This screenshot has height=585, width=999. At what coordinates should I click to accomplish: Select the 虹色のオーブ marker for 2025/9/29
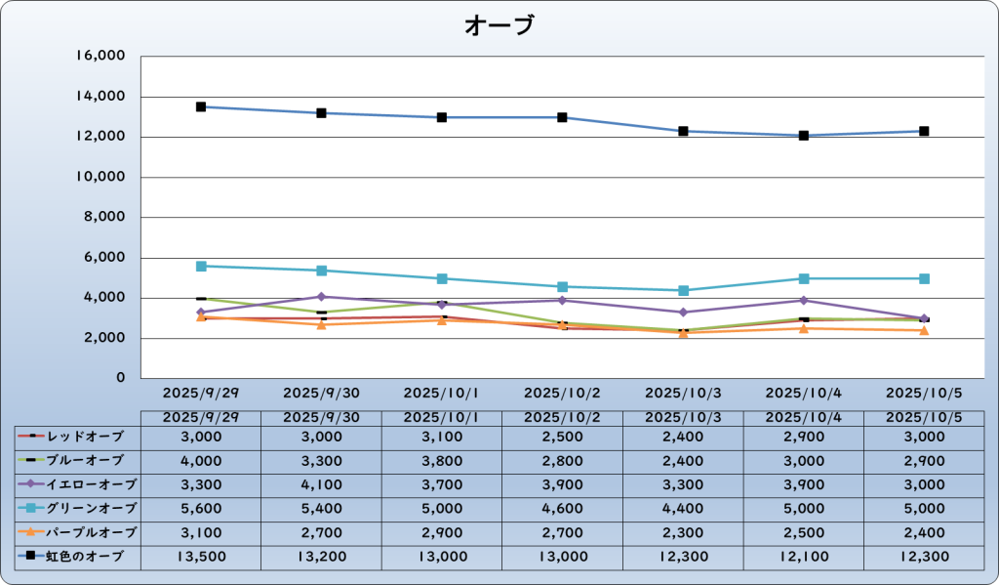[201, 106]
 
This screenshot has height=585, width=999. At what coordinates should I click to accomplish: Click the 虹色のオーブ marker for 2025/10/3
[683, 131]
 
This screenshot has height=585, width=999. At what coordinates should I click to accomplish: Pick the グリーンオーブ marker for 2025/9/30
[321, 271]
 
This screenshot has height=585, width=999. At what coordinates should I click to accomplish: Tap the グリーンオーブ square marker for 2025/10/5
[924, 278]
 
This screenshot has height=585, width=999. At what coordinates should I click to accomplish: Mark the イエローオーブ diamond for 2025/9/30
[321, 296]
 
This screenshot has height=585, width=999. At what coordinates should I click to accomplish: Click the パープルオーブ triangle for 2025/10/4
[804, 328]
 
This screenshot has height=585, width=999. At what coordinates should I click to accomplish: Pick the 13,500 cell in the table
[201, 557]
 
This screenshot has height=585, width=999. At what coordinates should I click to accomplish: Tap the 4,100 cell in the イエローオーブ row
[321, 483]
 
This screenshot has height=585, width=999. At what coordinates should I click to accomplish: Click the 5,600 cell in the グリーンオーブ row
[201, 508]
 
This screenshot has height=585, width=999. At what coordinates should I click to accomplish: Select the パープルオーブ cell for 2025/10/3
[683, 532]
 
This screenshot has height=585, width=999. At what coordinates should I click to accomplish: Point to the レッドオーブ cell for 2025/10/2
[563, 435]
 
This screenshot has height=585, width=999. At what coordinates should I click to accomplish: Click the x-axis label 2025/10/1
[442, 393]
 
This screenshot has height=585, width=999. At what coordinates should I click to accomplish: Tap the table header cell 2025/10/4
[804, 417]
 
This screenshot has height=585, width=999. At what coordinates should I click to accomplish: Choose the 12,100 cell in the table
[804, 557]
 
